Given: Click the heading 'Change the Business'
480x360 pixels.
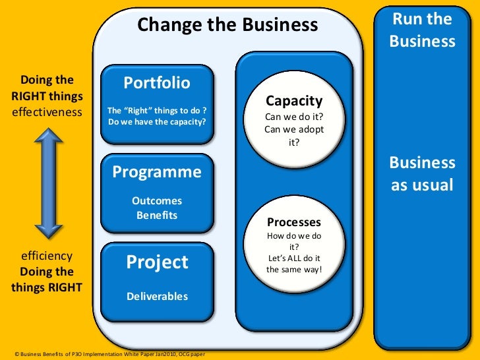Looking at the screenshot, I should coord(227,26).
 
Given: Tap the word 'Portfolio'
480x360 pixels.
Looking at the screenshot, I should coord(157,83).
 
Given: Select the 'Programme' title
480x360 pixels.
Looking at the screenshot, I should coord(157,172).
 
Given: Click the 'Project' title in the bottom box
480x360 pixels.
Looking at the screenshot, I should coord(157,262).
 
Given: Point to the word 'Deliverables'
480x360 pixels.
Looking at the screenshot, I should coord(157,296).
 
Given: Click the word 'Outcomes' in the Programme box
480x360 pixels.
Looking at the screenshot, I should coord(157,200).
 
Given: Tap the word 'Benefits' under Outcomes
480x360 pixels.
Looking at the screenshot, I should coord(157,215).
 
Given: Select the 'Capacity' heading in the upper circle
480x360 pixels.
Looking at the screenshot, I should coord(294,101).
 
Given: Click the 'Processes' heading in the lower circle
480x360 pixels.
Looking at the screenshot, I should coord(294,222).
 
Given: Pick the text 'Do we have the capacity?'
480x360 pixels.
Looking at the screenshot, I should coord(157,121).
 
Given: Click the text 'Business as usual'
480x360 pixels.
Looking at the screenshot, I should coord(423,173).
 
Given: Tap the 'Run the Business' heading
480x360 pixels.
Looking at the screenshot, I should coord(423,30).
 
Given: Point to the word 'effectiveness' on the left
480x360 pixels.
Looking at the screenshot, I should coord(47,111).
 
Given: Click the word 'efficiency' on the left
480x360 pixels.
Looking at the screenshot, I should coord(47,255).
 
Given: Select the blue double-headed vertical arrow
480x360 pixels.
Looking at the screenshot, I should coord(48,183).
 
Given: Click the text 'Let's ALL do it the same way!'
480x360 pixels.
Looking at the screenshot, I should coord(294,264).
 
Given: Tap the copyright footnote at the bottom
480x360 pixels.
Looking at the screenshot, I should coord(109,355).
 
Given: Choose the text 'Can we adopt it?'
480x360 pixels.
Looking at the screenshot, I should coord(294,135).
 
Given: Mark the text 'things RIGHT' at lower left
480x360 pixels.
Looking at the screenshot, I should coord(47,287).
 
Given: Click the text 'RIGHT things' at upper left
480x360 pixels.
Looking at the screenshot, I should coord(47,96).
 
